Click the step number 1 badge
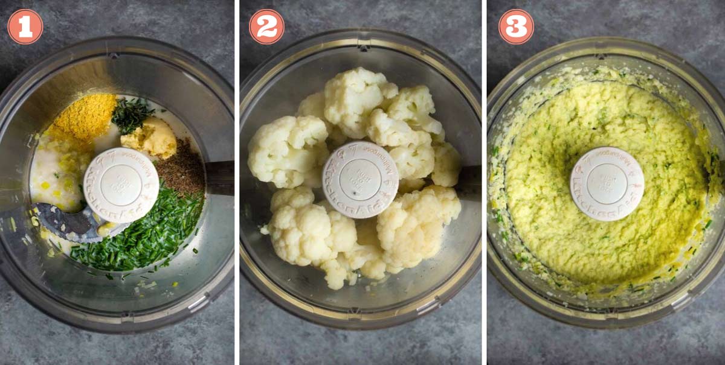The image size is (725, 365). click(25, 27)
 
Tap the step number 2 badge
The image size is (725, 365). click(266, 27)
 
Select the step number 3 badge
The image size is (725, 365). click(516, 27)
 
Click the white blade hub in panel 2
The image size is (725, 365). click(360, 179)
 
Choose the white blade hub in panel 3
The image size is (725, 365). click(607, 183)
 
